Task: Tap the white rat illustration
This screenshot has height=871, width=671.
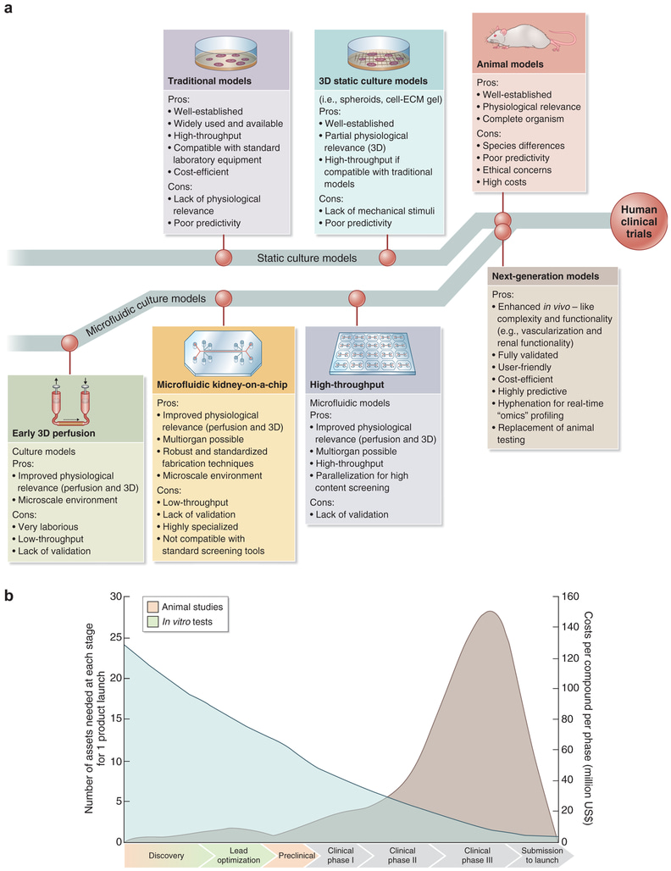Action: click(x=530, y=36)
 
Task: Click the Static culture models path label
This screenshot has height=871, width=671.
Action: click(x=307, y=257)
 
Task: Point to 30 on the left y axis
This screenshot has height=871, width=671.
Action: click(x=114, y=596)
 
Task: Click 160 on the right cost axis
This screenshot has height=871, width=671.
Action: click(x=572, y=596)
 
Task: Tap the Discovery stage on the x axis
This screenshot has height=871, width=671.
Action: click(x=166, y=855)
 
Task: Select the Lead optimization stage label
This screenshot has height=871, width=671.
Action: click(x=241, y=855)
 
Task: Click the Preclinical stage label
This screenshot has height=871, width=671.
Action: click(x=297, y=855)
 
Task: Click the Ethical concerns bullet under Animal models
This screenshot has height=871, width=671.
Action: click(x=519, y=170)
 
